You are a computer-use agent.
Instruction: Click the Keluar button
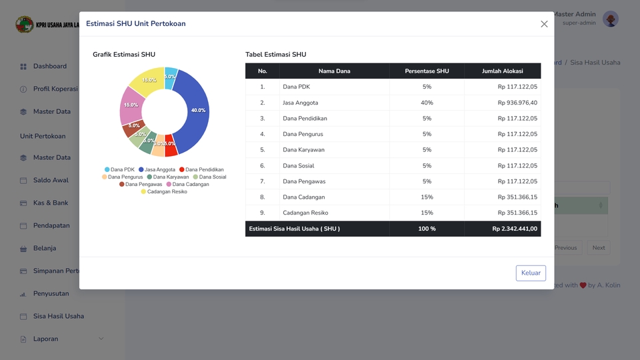(531, 273)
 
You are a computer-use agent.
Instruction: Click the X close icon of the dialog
(544, 24)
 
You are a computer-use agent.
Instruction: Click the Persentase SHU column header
(427, 71)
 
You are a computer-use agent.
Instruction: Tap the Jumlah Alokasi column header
(503, 71)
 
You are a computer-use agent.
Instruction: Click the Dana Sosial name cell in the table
(298, 165)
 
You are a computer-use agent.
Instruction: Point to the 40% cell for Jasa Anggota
(427, 103)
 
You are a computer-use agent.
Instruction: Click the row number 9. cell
(262, 213)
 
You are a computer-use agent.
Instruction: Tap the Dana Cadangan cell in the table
(303, 197)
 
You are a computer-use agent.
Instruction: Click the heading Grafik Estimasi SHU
(124, 55)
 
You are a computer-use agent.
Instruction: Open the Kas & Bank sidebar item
(51, 203)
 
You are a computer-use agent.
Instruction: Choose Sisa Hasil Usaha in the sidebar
(59, 316)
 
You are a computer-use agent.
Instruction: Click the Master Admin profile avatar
(611, 19)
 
